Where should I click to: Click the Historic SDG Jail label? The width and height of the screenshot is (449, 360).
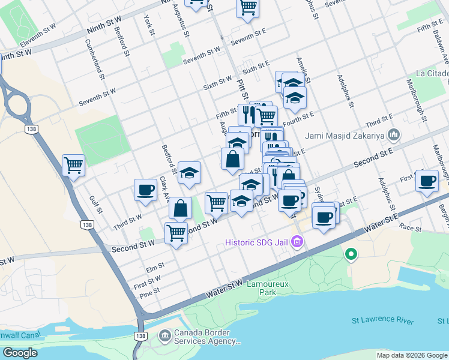tap(257, 243)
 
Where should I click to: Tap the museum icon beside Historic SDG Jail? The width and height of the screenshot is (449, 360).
tap(297, 242)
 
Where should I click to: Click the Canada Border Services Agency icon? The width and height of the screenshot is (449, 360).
tap(164, 335)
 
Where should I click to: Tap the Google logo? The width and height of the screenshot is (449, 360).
tap(20, 353)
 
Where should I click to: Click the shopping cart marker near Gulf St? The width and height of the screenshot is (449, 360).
tap(73, 164)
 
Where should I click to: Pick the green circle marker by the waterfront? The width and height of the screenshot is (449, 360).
tap(351, 255)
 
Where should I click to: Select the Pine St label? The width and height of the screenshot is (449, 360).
tap(149, 290)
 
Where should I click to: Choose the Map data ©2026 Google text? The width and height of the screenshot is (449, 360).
tap(412, 355)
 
